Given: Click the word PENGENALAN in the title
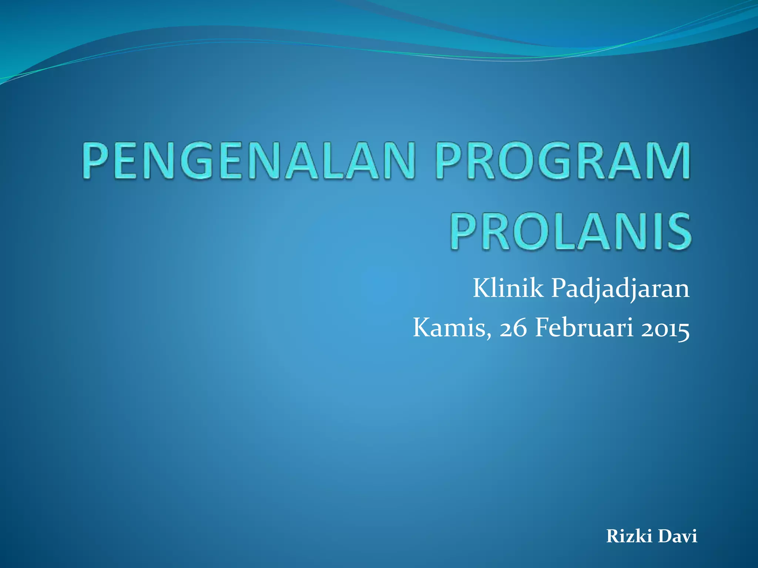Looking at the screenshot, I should click(x=248, y=161).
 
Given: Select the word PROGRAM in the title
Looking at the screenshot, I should click(x=563, y=161).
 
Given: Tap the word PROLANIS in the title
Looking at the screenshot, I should click(x=570, y=231).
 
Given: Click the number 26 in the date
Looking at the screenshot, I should click(x=513, y=328).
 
